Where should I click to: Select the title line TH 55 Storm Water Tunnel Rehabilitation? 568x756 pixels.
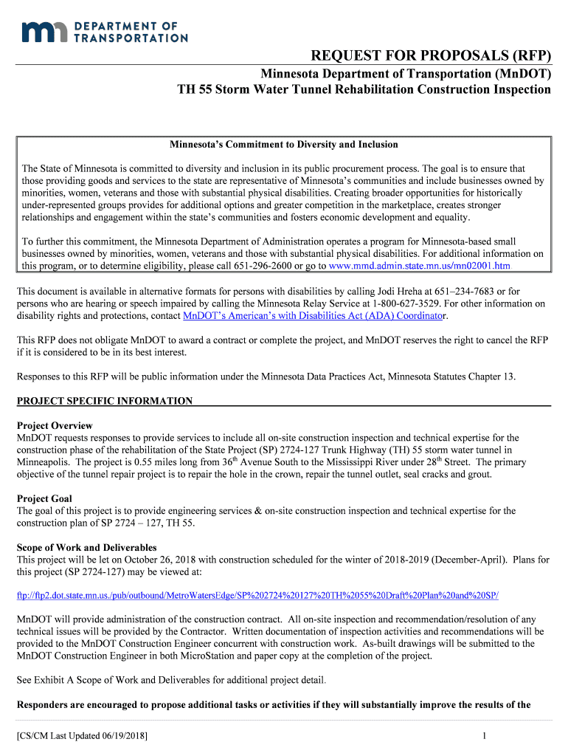tap(364, 90)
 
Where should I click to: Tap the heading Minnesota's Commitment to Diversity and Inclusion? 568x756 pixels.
tap(284, 144)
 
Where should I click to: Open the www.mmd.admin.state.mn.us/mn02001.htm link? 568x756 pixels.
tap(419, 266)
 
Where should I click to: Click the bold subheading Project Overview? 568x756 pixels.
tap(55, 426)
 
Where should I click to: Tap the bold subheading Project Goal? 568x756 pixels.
tap(44, 498)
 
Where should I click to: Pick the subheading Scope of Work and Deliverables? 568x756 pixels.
tap(86, 548)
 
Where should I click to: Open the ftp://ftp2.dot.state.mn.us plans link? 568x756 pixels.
tap(257, 595)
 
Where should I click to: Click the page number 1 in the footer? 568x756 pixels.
tap(482, 736)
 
